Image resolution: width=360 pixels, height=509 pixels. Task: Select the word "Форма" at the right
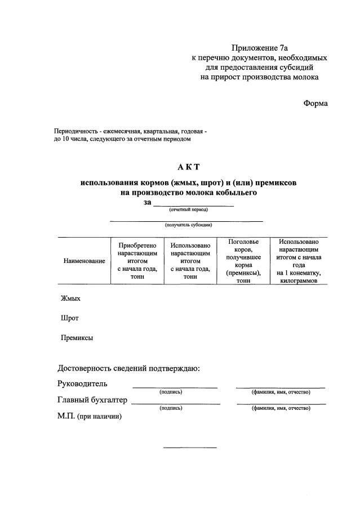click(x=315, y=103)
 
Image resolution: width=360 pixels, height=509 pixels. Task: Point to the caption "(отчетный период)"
click(x=188, y=209)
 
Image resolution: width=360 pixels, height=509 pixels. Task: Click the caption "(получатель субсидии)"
click(x=188, y=225)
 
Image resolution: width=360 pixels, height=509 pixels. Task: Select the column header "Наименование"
click(x=85, y=261)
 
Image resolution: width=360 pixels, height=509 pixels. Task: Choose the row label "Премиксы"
click(x=77, y=338)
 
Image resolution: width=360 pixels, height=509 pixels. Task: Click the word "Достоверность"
click(x=87, y=369)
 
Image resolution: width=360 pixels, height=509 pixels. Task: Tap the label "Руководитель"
click(x=82, y=384)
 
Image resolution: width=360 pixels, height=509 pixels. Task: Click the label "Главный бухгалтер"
click(x=92, y=400)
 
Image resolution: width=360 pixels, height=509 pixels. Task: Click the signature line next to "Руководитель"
click(x=175, y=387)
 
